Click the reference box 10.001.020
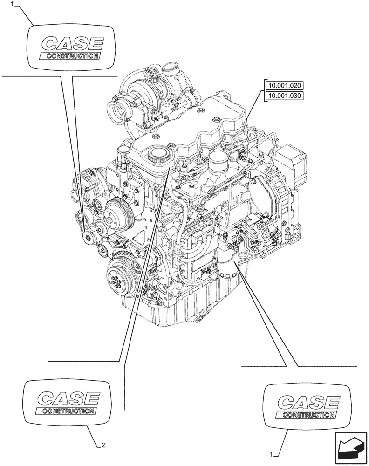coord(284,86)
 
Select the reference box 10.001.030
coord(284,96)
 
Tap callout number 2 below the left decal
coord(103,445)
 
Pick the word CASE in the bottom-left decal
coord(68,399)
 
